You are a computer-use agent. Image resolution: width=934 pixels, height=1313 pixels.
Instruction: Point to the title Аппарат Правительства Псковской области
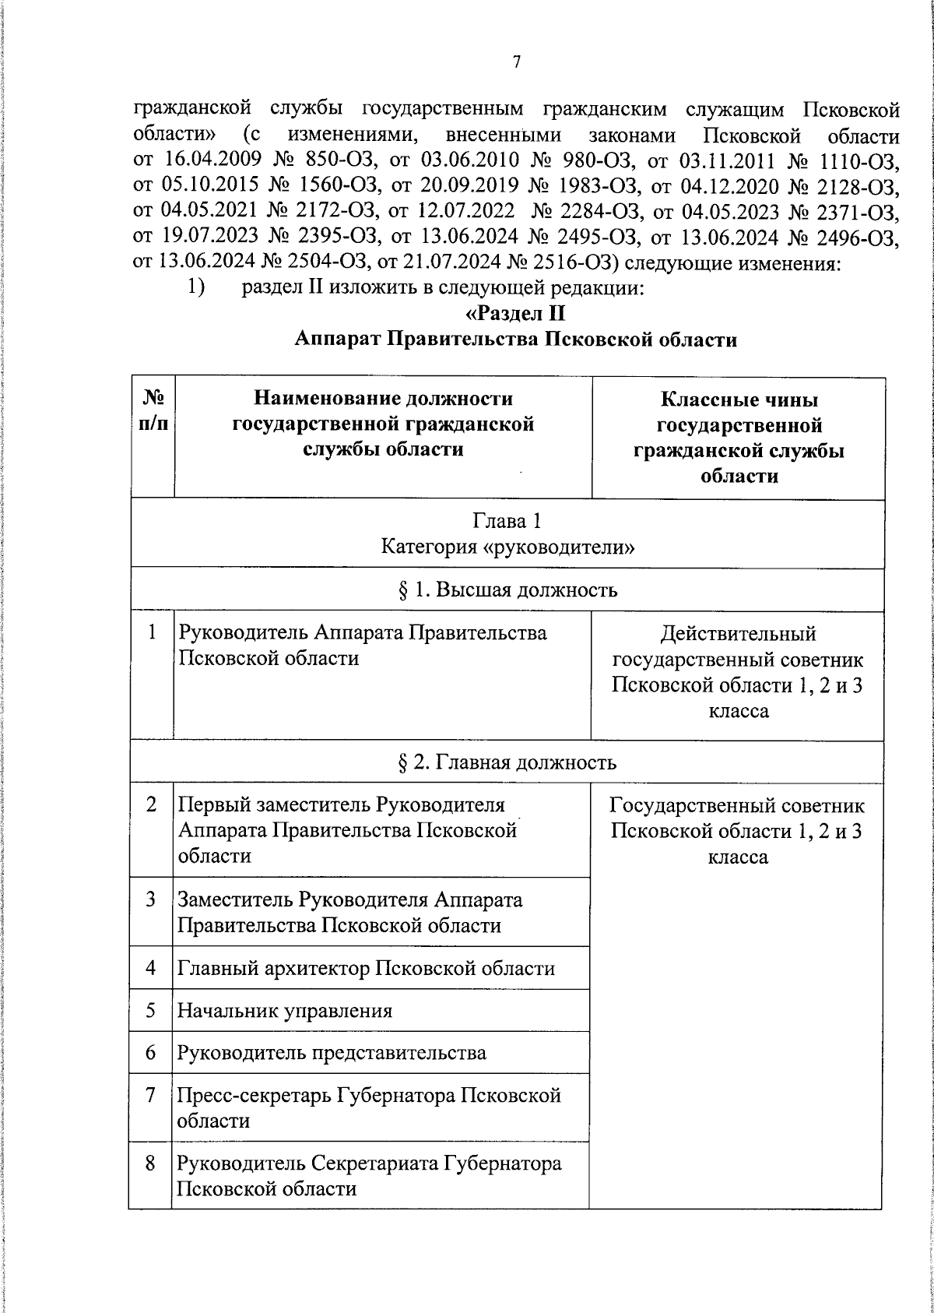(516, 340)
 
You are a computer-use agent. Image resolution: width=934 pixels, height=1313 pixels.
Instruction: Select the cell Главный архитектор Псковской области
(367, 968)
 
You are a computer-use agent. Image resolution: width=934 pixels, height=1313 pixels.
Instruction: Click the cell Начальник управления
(285, 1011)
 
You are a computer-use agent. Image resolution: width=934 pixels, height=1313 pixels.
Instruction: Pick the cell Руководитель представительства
(332, 1053)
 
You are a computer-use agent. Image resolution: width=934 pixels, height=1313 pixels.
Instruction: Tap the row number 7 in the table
(151, 1095)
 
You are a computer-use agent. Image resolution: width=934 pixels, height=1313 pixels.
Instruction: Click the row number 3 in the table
(151, 899)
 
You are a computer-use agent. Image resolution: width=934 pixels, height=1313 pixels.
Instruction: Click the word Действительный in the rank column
(738, 634)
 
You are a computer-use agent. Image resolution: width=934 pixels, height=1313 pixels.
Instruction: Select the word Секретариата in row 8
(375, 1163)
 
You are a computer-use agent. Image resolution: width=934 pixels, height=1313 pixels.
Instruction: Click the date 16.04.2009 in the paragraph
(212, 161)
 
